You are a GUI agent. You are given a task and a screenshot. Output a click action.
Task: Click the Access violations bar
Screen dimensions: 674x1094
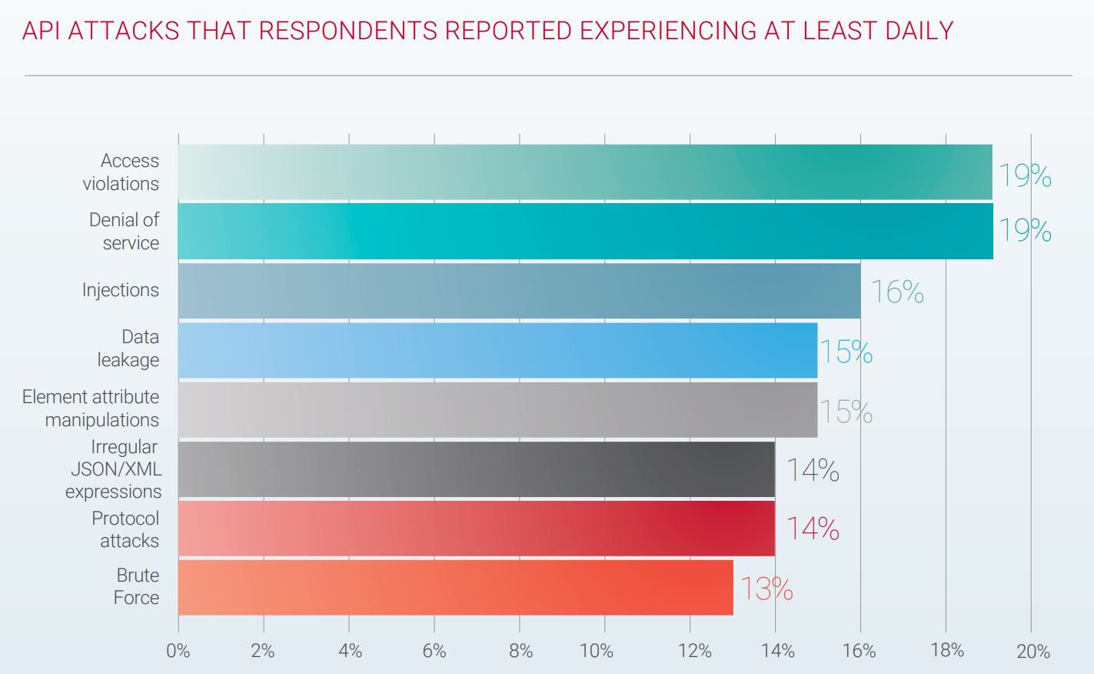click(584, 172)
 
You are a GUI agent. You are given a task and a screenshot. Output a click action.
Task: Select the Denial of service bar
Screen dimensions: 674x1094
click(584, 231)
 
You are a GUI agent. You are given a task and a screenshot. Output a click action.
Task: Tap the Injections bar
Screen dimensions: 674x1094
click(519, 290)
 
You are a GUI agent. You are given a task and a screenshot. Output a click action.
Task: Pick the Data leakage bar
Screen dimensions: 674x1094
click(497, 350)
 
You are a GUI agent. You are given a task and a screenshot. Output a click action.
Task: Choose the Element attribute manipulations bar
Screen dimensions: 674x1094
click(497, 409)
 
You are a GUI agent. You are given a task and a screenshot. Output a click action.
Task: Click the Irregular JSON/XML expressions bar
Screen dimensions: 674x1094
click(477, 469)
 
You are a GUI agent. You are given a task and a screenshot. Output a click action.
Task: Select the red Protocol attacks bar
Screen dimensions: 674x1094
click(477, 528)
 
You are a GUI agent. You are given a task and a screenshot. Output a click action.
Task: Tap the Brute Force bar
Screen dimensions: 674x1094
click(455, 587)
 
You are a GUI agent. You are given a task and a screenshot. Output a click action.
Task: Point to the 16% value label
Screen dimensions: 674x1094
click(896, 292)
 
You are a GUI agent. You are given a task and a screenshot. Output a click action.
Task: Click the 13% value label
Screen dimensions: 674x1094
click(766, 589)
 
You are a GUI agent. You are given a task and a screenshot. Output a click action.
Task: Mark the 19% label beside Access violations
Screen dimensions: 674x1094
click(1024, 176)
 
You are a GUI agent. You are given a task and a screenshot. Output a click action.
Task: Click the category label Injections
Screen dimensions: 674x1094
click(121, 290)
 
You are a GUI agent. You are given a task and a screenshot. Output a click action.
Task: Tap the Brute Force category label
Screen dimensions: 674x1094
click(137, 586)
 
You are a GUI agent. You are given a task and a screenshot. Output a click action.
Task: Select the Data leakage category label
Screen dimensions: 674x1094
click(129, 349)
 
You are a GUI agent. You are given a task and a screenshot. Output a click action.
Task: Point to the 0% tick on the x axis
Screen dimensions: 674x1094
click(178, 651)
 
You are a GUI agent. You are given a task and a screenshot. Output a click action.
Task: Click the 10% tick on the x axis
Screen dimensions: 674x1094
click(597, 651)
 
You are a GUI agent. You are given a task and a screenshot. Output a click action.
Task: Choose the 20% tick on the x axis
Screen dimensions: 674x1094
click(1032, 652)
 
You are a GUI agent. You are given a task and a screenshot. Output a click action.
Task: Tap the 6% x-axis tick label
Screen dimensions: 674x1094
click(434, 651)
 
